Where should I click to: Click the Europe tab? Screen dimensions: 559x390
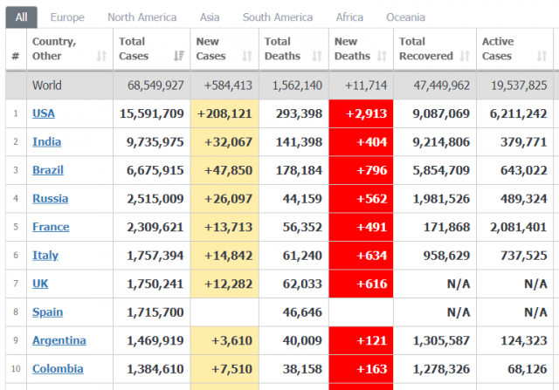click(67, 17)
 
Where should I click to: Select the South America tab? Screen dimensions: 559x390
click(278, 17)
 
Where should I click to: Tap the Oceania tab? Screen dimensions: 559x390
click(405, 17)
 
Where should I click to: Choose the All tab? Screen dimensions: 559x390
click(21, 17)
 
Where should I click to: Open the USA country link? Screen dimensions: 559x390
click(44, 113)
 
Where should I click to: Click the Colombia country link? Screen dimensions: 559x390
click(58, 369)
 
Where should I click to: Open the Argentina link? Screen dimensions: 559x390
click(59, 340)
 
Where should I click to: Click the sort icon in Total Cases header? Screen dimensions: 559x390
click(178, 56)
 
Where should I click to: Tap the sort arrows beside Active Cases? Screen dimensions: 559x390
click(542, 56)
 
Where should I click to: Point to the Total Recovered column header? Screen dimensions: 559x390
click(425, 49)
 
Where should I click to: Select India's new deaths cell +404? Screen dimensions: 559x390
click(372, 142)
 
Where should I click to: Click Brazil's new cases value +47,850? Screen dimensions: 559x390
click(228, 170)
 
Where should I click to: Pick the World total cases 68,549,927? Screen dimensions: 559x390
click(155, 86)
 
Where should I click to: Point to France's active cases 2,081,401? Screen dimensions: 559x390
click(518, 227)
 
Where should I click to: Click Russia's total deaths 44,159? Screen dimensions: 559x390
click(302, 199)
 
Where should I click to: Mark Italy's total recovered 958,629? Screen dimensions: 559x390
click(446, 256)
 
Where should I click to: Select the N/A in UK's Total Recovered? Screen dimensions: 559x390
click(459, 284)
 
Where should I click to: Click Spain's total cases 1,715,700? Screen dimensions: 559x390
click(155, 312)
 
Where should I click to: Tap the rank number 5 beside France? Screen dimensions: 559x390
click(16, 227)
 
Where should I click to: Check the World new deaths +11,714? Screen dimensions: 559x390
click(366, 86)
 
